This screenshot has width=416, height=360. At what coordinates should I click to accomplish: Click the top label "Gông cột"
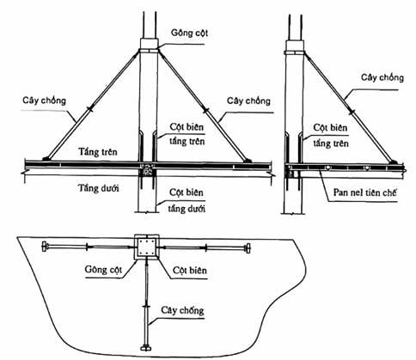[x=189, y=33]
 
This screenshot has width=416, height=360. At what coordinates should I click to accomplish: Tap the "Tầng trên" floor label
[x=98, y=151]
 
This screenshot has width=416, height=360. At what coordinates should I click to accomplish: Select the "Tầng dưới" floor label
[x=99, y=188]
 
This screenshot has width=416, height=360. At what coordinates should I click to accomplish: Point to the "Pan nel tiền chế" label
[x=364, y=192]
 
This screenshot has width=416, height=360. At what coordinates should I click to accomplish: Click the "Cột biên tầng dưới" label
[x=187, y=200]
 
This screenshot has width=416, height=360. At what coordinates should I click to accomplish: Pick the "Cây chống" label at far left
[x=45, y=101]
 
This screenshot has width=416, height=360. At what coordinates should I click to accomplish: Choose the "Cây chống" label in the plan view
[x=182, y=310]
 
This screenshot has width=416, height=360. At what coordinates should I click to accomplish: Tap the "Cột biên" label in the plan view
[x=190, y=270]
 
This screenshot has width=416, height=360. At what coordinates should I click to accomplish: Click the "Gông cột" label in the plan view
[x=103, y=270]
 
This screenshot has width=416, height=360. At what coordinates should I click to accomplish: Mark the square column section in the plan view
[x=147, y=247]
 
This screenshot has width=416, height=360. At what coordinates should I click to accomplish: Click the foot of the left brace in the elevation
[x=46, y=158]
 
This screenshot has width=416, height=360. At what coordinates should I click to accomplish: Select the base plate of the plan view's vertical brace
[x=147, y=348]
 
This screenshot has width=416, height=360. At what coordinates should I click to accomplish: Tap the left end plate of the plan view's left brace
[x=44, y=247]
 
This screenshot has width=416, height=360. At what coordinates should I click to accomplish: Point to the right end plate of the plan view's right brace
[x=248, y=248]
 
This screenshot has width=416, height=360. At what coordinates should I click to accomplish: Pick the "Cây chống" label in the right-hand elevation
[x=382, y=77]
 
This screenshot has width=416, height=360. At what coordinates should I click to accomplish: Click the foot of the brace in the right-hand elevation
[x=394, y=162]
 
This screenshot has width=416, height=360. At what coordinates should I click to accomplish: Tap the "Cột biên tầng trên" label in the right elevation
[x=331, y=135]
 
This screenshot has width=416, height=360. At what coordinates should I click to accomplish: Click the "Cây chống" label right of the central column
[x=248, y=101]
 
